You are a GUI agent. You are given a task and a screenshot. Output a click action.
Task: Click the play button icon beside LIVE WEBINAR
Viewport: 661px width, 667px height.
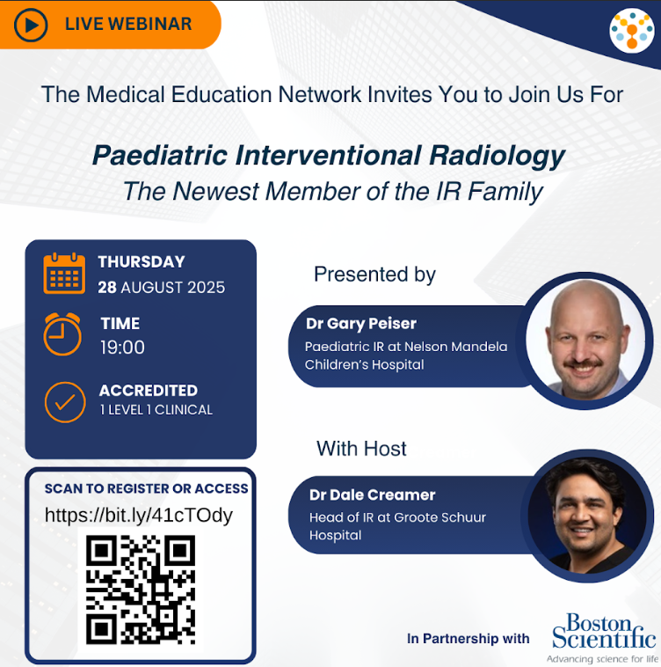coord(31,25)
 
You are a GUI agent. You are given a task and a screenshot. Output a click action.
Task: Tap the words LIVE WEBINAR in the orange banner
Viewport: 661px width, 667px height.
coord(128,25)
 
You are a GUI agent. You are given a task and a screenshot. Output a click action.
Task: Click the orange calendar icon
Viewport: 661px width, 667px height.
coord(64,273)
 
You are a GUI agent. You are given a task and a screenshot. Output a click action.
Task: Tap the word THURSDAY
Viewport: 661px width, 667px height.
coord(142,261)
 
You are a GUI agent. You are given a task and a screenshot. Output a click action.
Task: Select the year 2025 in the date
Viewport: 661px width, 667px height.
coord(202,288)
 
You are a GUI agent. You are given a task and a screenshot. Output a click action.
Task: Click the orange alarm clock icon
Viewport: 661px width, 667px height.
coord(62,334)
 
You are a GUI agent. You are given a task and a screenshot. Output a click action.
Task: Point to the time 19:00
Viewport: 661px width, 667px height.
coord(122,348)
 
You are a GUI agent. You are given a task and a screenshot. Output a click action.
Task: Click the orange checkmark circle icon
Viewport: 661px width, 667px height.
coord(64,401)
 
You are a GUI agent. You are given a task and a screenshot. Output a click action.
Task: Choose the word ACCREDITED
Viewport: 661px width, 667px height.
coord(148,391)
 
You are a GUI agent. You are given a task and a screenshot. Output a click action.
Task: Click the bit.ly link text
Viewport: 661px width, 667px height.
coord(139,515)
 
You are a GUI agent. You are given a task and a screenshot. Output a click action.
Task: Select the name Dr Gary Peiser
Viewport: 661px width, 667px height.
coord(361,323)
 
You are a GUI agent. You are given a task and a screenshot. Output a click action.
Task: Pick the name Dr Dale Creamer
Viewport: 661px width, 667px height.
coord(373,495)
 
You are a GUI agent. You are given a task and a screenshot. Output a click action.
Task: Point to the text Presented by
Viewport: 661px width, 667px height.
coord(374,275)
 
